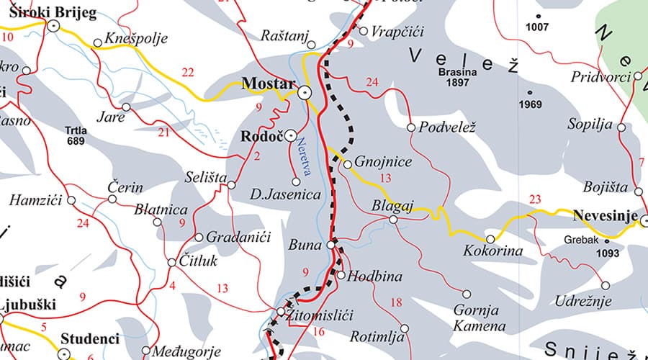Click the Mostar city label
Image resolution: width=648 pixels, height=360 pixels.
coord(267,84)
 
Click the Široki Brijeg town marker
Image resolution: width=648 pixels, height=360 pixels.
coord(53,25)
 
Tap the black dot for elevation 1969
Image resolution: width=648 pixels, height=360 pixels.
coord(531,93)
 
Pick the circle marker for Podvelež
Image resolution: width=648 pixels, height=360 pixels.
coord(411,127)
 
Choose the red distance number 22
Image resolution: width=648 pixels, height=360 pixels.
coord(188,72)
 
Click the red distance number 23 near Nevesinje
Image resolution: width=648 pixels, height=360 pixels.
coord(534,199)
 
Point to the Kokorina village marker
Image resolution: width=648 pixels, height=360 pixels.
coord(491,239)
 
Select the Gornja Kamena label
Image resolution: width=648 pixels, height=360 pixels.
coord(479,318)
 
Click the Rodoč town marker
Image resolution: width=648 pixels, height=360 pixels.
coord(291,135)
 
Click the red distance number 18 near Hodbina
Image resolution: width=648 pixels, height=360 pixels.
coord(395,302)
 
